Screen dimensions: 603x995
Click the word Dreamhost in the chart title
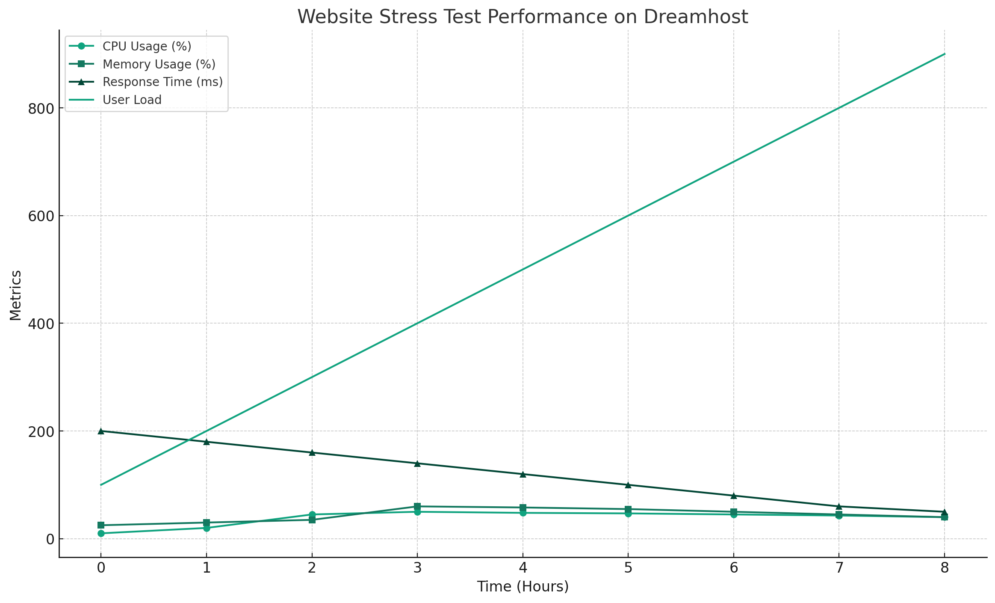pyautogui.click(x=695, y=17)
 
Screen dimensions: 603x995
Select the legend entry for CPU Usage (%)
pyautogui.click(x=147, y=46)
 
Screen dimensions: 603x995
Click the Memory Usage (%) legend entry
pyautogui.click(x=159, y=64)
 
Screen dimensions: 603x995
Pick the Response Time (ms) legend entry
pyautogui.click(x=162, y=82)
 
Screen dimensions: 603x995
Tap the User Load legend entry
pyautogui.click(x=132, y=100)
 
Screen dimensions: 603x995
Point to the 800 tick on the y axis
pyautogui.click(x=41, y=108)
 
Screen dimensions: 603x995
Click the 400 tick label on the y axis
pyautogui.click(x=41, y=324)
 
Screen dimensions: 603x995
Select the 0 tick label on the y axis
pyautogui.click(x=50, y=539)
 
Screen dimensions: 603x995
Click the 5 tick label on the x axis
pyautogui.click(x=628, y=568)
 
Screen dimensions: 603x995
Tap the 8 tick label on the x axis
pyautogui.click(x=945, y=568)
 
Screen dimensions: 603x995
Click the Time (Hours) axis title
pyautogui.click(x=523, y=586)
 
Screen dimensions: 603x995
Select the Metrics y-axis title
pyautogui.click(x=16, y=295)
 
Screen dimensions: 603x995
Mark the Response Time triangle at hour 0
pyautogui.click(x=101, y=431)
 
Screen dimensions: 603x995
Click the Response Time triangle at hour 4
pyautogui.click(x=523, y=474)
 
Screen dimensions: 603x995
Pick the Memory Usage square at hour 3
pyautogui.click(x=417, y=506)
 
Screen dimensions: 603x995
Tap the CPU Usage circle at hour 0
pyautogui.click(x=101, y=533)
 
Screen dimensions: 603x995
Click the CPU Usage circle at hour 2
pyautogui.click(x=312, y=514)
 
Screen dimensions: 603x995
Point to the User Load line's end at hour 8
pyautogui.click(x=945, y=54)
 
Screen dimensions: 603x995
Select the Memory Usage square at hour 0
pyautogui.click(x=101, y=525)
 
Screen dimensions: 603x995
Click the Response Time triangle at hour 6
pyautogui.click(x=734, y=496)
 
